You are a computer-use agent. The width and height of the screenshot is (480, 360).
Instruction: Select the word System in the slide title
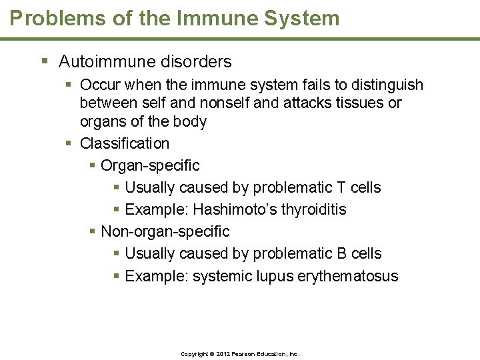pos(303,18)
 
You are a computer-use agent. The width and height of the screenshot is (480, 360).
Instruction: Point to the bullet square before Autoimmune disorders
pos(45,62)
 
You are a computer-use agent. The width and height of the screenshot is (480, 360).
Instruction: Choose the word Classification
pos(125,143)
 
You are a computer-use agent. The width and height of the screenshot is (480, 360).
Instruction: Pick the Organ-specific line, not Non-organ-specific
pos(150,165)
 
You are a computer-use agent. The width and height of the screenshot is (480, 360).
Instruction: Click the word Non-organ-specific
pos(165,231)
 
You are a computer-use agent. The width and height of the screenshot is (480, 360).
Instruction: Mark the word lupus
pos(274,276)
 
